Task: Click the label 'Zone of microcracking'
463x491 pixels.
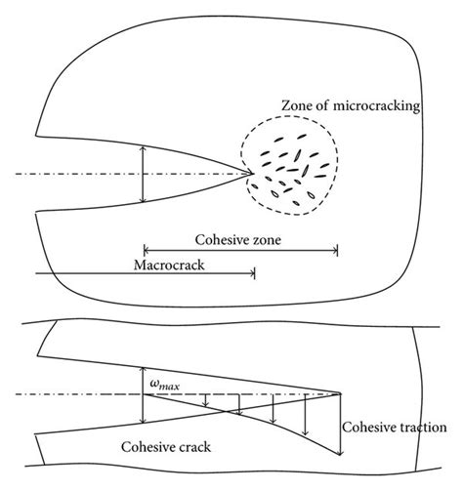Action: (x=350, y=105)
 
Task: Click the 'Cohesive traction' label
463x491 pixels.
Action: (x=395, y=428)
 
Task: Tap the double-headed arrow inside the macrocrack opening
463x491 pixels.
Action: (x=144, y=175)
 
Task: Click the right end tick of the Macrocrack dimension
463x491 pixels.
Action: (x=254, y=274)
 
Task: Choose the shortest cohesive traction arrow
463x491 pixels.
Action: (x=206, y=399)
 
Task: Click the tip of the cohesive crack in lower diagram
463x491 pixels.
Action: (x=341, y=393)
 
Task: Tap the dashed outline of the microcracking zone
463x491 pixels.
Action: (x=337, y=156)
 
